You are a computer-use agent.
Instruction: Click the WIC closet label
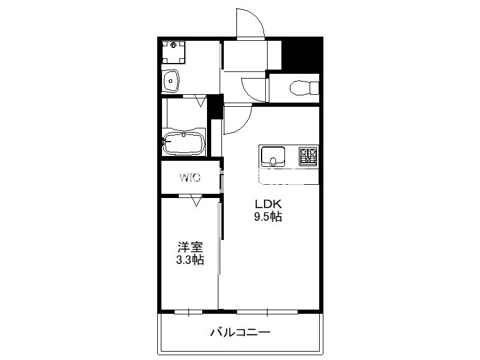(x=190, y=177)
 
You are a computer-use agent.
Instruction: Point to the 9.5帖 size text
(x=268, y=217)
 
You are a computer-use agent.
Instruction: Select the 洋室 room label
(x=190, y=247)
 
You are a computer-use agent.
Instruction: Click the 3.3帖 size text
(x=190, y=260)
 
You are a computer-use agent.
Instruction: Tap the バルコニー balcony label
(x=241, y=332)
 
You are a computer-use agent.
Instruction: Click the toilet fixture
(x=304, y=88)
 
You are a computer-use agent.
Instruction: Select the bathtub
(x=184, y=144)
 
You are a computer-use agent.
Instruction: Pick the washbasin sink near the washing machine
(x=170, y=80)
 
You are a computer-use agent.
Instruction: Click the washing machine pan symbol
(x=173, y=52)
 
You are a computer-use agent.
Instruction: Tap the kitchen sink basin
(x=273, y=156)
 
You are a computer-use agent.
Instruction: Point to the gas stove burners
(x=308, y=157)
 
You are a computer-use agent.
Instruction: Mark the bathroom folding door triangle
(x=201, y=101)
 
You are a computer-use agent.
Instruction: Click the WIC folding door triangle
(x=196, y=201)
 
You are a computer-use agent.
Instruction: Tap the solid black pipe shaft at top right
(x=302, y=55)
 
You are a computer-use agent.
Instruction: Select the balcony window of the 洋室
(x=188, y=312)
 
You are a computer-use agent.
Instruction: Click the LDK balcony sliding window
(x=267, y=312)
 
